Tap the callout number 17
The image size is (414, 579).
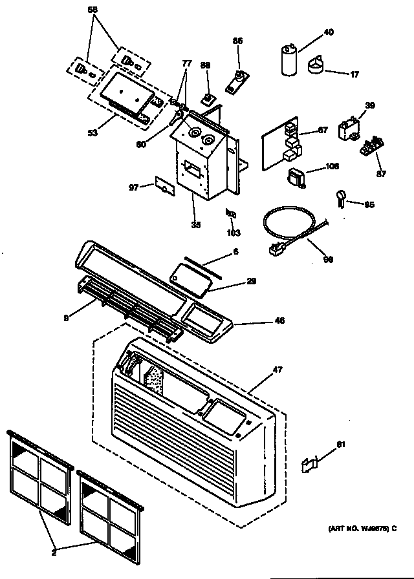click(x=354, y=74)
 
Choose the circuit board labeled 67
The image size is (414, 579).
click(x=283, y=145)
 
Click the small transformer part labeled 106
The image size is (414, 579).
click(x=297, y=177)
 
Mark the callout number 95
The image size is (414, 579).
click(x=369, y=205)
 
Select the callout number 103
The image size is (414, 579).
click(x=234, y=232)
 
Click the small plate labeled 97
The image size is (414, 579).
click(x=164, y=186)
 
